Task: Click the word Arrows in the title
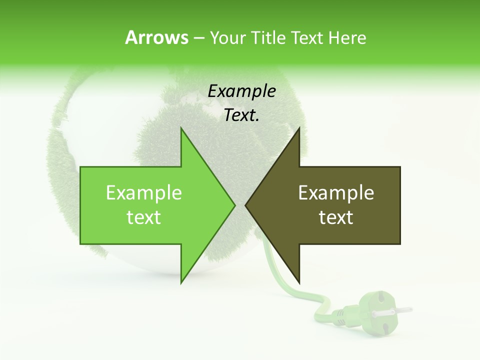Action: click(156, 37)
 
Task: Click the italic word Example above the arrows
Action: click(242, 91)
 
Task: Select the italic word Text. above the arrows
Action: click(242, 115)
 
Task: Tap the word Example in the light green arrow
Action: click(144, 193)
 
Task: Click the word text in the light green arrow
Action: click(144, 217)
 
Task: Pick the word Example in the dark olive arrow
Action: click(336, 193)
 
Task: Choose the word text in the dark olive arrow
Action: click(336, 217)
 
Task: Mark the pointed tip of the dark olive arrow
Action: click(247, 205)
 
